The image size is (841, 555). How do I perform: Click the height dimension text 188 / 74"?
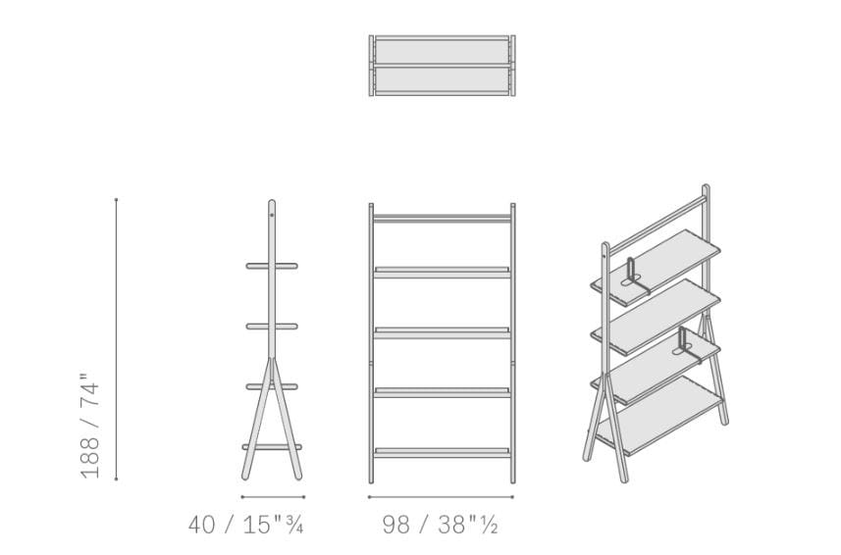(90, 425)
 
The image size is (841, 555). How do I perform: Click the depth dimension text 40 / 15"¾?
(245, 525)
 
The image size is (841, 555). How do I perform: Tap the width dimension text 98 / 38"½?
(441, 525)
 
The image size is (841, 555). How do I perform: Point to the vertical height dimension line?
(116, 339)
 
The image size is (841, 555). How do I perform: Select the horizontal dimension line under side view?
(273, 497)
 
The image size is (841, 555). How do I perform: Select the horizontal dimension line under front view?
(441, 497)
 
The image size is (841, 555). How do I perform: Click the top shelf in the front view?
(442, 273)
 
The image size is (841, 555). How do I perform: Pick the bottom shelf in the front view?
(442, 453)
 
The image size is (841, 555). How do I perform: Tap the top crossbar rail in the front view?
(442, 219)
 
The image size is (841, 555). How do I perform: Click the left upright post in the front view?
(371, 343)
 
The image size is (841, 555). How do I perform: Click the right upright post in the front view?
(513, 343)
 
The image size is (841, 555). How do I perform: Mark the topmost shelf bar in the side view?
(272, 266)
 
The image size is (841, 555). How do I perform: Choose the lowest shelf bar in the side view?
(272, 447)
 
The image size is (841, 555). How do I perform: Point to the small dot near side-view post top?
(272, 216)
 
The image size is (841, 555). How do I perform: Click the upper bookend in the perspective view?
(636, 277)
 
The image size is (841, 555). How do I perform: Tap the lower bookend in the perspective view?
(687, 345)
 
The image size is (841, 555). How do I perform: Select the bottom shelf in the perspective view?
(659, 416)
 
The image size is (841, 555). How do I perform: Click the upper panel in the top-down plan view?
(442, 51)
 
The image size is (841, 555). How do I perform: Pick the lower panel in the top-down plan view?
(442, 79)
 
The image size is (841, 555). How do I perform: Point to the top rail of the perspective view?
(657, 225)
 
